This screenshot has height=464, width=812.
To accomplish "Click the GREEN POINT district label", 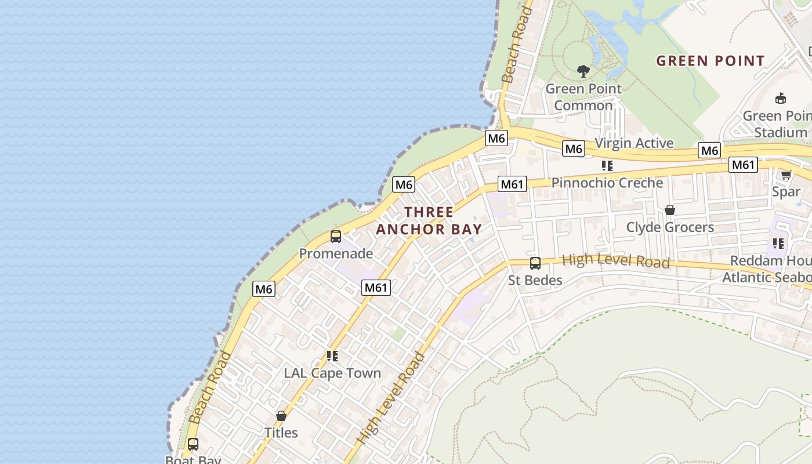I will tap(710, 60).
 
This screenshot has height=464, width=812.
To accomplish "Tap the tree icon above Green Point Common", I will tap(583, 71).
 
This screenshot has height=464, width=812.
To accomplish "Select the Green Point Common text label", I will tap(583, 97).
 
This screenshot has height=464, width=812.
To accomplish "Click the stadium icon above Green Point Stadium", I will tap(781, 98).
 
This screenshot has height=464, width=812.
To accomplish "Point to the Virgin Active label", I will tap(634, 143).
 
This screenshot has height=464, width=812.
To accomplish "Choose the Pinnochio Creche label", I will tap(607, 183).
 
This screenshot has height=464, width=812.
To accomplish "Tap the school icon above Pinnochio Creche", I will tap(607, 166).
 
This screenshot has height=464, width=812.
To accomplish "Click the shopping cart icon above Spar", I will tap(786, 175).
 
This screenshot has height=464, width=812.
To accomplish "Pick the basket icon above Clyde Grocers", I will tap(670, 210).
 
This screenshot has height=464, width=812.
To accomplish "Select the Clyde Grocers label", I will tap(670, 227).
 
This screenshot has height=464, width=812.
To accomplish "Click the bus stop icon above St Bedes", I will tap(535, 263).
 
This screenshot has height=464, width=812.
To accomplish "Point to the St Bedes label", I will tap(535, 281).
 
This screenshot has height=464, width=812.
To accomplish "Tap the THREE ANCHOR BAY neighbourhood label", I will tap(429, 220).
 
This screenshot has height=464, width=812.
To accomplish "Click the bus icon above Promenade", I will tap(336, 237).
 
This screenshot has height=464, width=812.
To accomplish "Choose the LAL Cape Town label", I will tap(332, 373).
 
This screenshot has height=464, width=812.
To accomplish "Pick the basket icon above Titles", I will tap(281, 416).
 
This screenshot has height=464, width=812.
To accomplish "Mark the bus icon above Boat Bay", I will tap(193, 444).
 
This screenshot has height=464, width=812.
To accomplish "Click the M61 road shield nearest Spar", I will tap(743, 165).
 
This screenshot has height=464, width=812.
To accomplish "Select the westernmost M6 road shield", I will tap(263, 289).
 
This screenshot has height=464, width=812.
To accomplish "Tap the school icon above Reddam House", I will tap(778, 244).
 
